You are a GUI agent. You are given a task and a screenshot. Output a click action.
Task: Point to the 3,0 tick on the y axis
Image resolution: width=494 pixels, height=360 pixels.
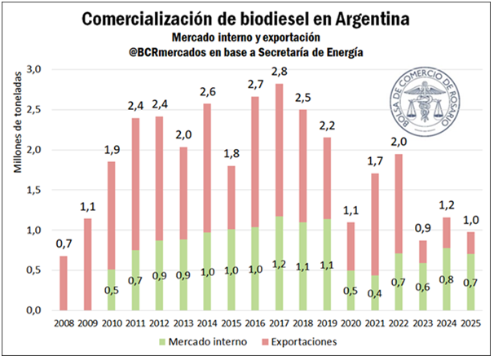click(x=32, y=71)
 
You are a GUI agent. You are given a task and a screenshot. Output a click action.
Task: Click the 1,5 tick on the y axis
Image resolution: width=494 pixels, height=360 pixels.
click(x=32, y=191)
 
